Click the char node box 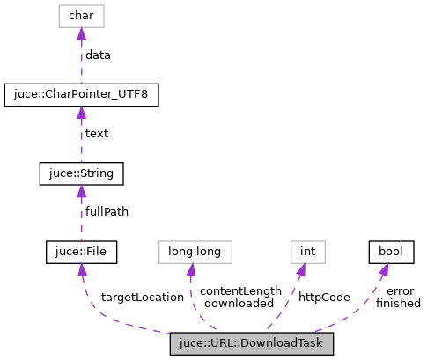click(81, 15)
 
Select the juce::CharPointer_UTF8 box click(81, 94)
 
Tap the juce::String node click(81, 173)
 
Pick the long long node click(195, 253)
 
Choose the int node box click(307, 253)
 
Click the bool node click(390, 253)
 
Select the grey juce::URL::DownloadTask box click(252, 343)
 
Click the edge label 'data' click(98, 55)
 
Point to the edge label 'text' click(97, 134)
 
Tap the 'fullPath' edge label click(107, 213)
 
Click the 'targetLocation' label click(143, 298)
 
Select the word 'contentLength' click(240, 291)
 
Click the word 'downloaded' click(239, 304)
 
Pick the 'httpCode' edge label click(324, 298)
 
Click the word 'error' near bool click(400, 291)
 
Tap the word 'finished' click(398, 304)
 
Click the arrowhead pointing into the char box click(81, 33)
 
